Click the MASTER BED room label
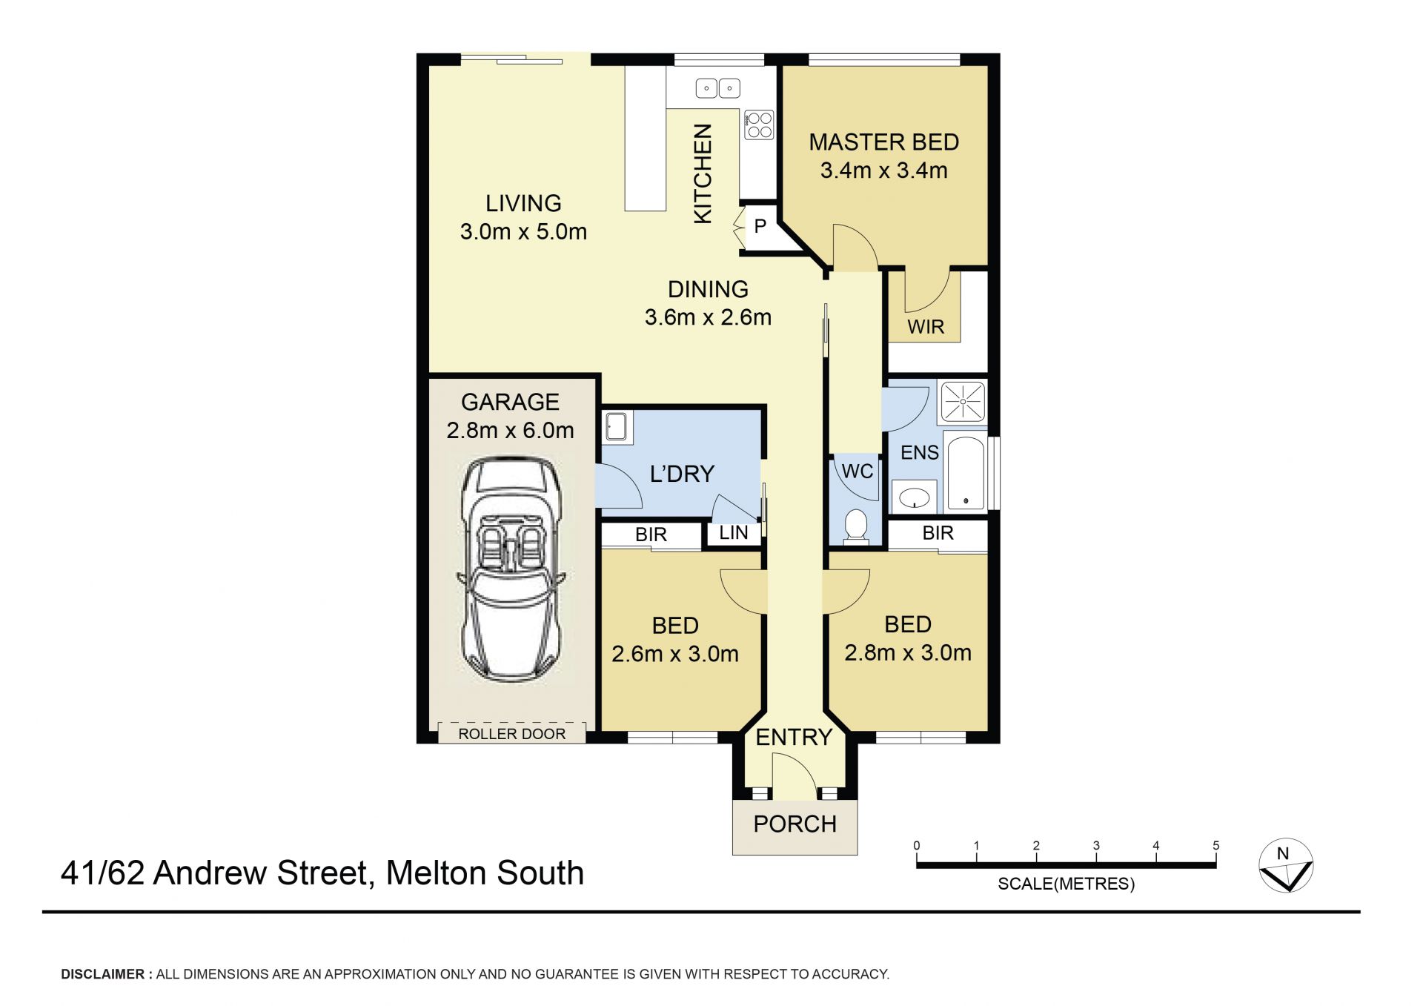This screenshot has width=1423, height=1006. [x=883, y=142]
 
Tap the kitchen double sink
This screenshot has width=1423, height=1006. [x=718, y=88]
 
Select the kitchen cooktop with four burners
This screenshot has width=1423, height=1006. [x=759, y=125]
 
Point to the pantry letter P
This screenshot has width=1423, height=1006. [x=760, y=226]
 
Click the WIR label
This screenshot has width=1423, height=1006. [x=926, y=327]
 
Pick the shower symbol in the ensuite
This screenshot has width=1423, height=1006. [x=963, y=401]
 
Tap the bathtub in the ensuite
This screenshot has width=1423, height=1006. [x=966, y=474]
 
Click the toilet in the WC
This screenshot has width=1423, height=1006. [x=856, y=526]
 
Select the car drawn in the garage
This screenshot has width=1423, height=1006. [x=511, y=569]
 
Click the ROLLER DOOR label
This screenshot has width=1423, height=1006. [x=511, y=734]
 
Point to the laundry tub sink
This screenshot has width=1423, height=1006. [x=617, y=426]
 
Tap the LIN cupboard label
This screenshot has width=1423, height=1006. [x=734, y=532]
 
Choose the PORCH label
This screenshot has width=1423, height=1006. [x=795, y=824]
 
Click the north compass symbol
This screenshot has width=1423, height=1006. [x=1286, y=865]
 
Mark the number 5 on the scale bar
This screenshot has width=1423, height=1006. [x=1215, y=845]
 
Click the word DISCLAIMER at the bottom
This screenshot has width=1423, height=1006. [x=102, y=974]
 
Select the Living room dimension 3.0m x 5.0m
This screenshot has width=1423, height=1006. [x=523, y=231]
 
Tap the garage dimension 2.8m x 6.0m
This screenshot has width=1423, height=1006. [x=510, y=430]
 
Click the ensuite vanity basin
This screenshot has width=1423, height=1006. [x=915, y=497]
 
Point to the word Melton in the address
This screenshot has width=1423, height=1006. [x=437, y=873]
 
